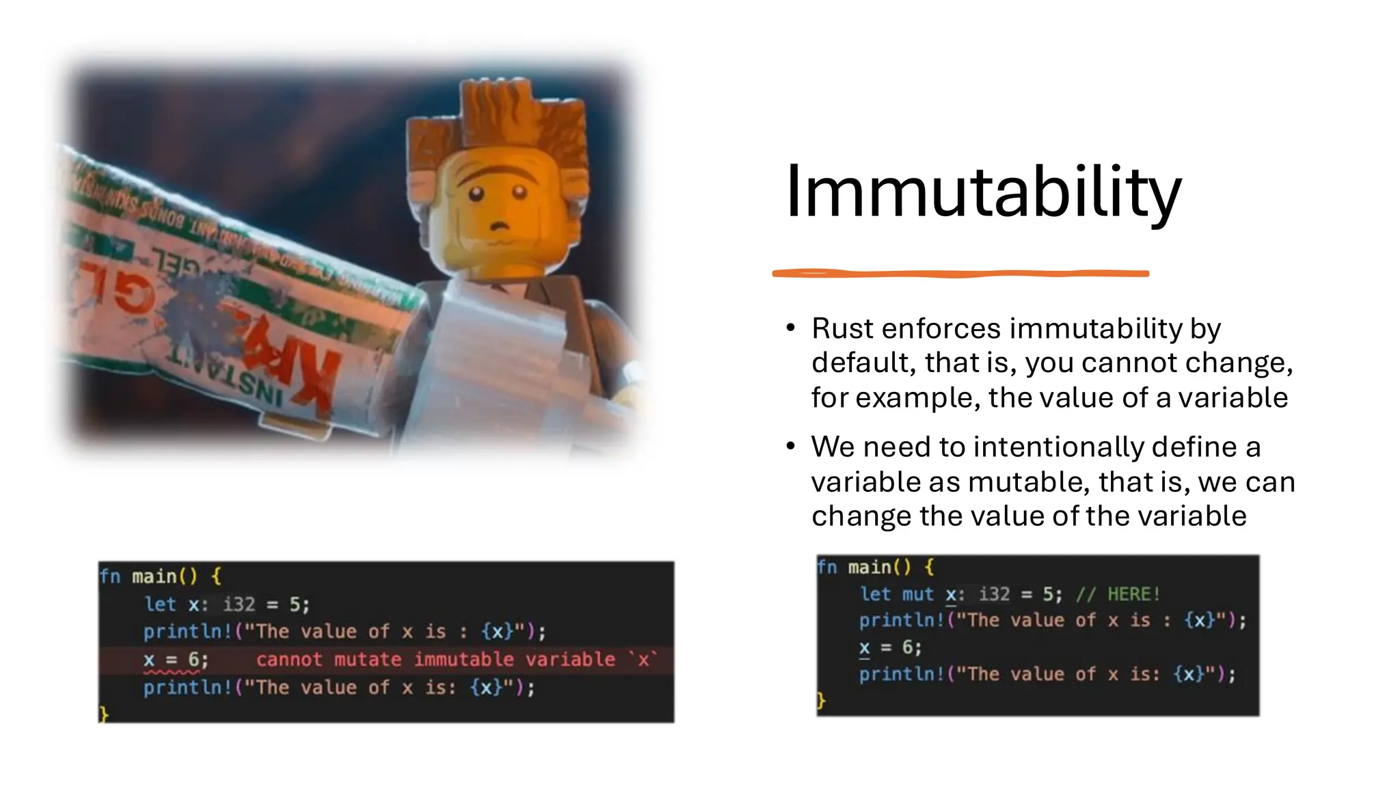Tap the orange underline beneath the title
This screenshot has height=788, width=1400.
[x=960, y=274]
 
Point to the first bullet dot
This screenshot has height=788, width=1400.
[x=791, y=328]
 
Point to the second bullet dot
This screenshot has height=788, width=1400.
[x=791, y=447]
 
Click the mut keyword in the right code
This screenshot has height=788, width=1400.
[x=917, y=594]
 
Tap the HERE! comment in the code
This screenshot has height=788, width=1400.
[x=1133, y=594]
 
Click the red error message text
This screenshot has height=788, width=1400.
[x=456, y=659]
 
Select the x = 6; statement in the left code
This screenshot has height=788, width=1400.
[x=175, y=659]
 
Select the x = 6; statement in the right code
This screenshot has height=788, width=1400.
[x=890, y=647]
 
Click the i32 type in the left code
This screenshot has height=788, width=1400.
[x=239, y=604]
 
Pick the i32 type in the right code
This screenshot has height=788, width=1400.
[x=994, y=594]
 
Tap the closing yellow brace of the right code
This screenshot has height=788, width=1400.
[x=821, y=700]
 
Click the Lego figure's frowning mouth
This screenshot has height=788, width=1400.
[x=500, y=225]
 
